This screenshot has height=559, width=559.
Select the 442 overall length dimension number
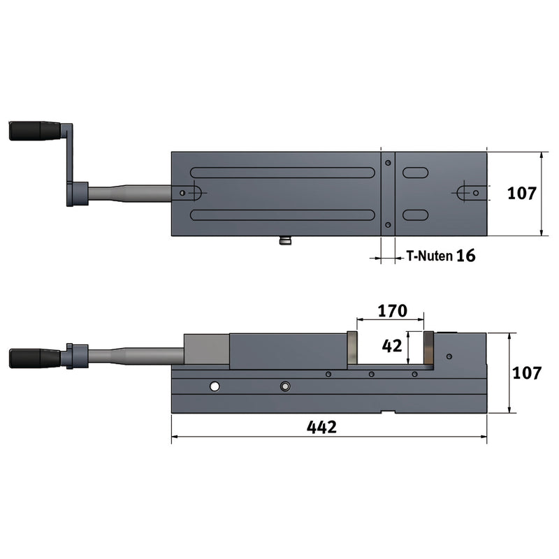tap(322, 426)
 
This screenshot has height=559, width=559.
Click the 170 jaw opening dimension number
tap(391, 310)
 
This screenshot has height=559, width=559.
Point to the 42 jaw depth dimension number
tap(391, 345)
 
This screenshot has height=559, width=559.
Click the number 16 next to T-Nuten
tap(466, 256)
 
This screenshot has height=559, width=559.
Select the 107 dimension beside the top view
tap(522, 194)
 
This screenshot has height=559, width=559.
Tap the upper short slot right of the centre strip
tap(415, 173)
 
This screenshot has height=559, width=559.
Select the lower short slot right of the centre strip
tap(415, 215)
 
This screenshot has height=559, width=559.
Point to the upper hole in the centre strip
tap(388, 162)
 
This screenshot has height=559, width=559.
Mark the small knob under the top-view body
tap(285, 240)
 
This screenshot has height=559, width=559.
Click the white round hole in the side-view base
tap(215, 386)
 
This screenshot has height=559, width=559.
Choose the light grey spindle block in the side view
tap(206, 350)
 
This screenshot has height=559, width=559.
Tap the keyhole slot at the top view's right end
tap(467, 192)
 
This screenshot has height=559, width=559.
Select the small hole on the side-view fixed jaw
tap(449, 356)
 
